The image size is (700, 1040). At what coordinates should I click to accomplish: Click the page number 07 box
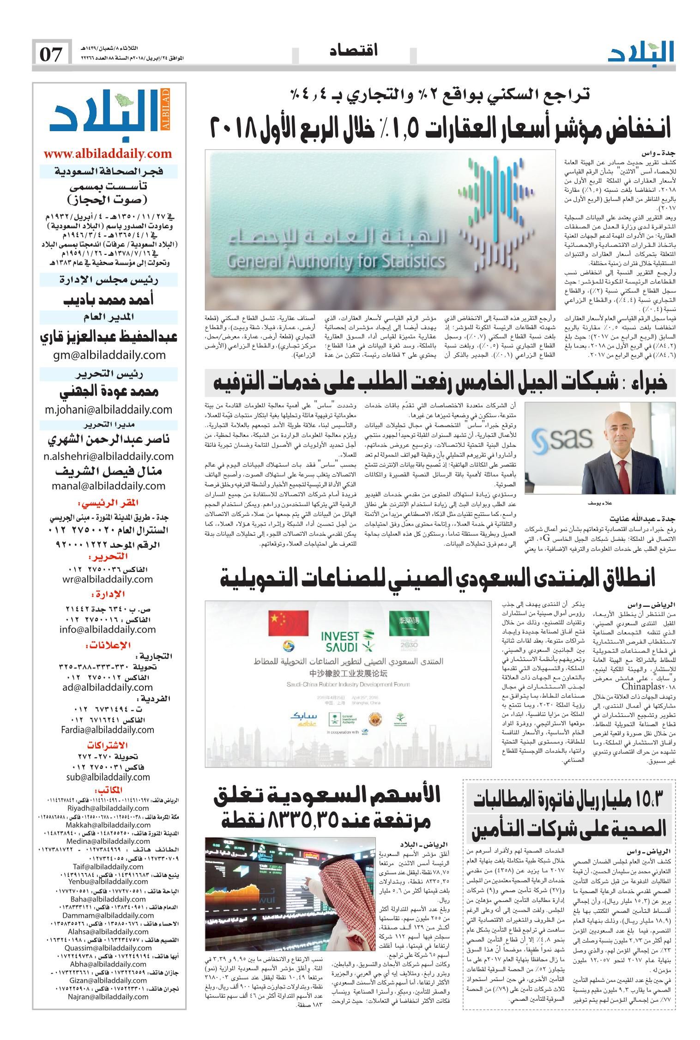pyautogui.click(x=52, y=54)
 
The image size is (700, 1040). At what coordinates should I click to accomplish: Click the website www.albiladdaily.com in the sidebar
pyautogui.click(x=108, y=153)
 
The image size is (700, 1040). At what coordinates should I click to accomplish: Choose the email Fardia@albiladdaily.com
pyautogui.click(x=108, y=730)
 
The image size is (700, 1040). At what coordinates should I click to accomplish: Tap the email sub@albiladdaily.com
pyautogui.click(x=108, y=777)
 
